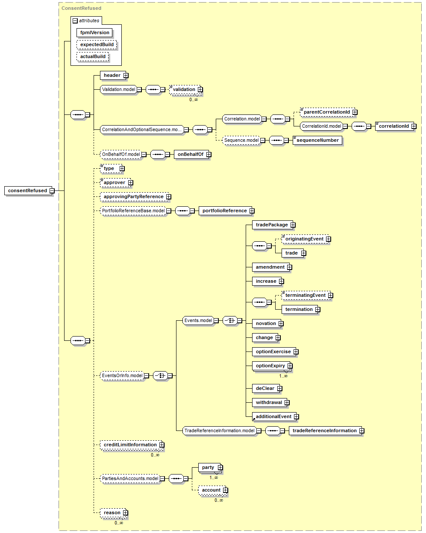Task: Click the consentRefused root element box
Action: click(x=28, y=190)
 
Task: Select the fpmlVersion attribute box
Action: click(x=94, y=32)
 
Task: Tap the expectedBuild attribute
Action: click(x=97, y=44)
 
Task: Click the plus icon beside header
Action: click(x=126, y=75)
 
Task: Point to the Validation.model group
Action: click(x=119, y=89)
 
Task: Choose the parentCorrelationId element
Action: click(x=327, y=112)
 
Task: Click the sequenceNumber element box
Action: click(x=317, y=140)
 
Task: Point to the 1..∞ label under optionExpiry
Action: click(x=283, y=376)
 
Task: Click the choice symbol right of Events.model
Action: click(x=230, y=320)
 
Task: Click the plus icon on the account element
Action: click(x=225, y=490)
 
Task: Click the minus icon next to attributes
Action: click(x=75, y=21)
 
